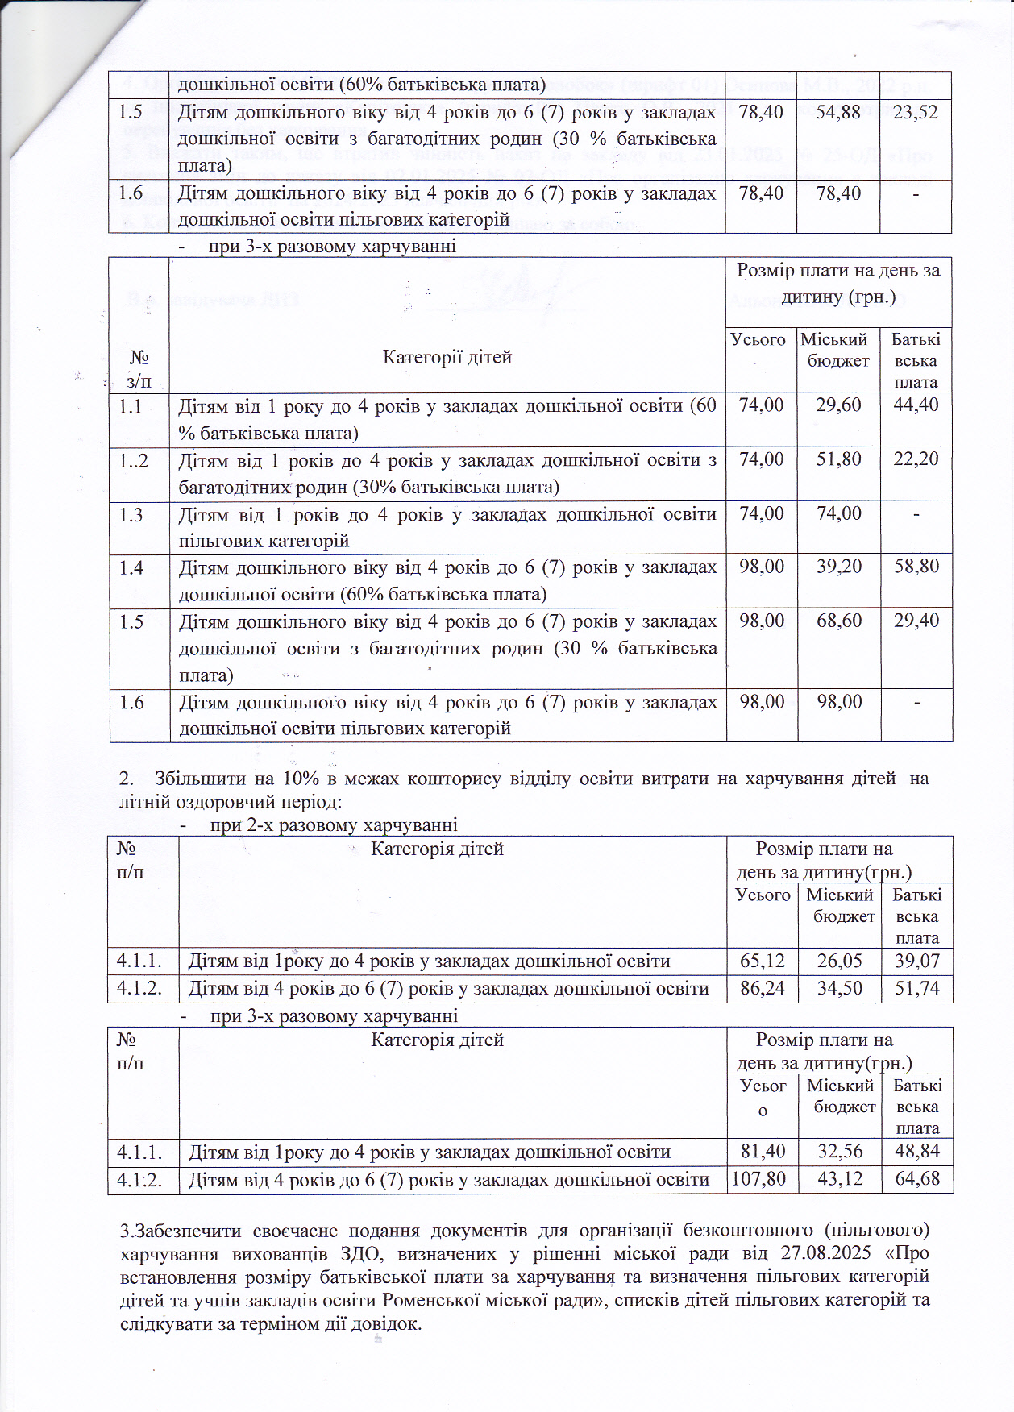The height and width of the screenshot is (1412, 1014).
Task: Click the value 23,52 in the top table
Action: (916, 112)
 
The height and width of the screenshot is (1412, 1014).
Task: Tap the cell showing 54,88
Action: (838, 112)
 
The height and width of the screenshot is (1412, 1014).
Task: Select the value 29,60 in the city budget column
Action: (838, 405)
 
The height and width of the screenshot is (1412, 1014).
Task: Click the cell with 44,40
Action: (916, 405)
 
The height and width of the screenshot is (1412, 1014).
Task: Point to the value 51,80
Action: (838, 459)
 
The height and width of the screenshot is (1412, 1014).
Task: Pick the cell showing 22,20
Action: (916, 459)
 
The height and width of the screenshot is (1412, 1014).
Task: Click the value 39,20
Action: (838, 567)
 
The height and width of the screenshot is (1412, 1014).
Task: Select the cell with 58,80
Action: (916, 567)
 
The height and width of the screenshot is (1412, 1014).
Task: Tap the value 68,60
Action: (838, 621)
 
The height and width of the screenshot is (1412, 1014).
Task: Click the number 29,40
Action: (916, 621)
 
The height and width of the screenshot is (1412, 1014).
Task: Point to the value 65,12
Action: (762, 961)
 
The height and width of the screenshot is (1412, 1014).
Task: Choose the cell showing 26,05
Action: (840, 961)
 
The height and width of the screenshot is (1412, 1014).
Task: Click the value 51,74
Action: (917, 988)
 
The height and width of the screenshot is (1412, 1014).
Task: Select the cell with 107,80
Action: (758, 1179)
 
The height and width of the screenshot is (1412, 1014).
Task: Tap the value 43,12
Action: (840, 1179)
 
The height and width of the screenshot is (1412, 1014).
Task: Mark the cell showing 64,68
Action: (917, 1179)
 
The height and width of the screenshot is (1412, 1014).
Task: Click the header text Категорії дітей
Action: (447, 357)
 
